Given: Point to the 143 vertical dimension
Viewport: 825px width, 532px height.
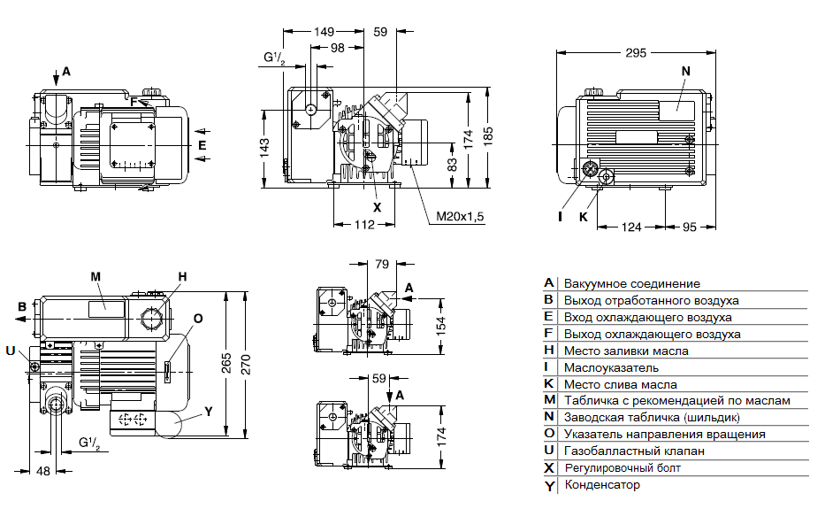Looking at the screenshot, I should coord(264,148).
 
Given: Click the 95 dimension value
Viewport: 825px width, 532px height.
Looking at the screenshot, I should coord(690,228).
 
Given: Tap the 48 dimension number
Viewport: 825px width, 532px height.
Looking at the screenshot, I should coord(42,470).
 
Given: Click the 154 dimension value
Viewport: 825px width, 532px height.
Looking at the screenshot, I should coord(441,323).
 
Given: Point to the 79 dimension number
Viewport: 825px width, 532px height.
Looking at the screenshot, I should coord(382,264).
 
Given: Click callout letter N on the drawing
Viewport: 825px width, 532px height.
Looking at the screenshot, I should coord(685,70).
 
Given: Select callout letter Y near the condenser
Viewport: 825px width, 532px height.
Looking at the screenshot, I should coord(209,411).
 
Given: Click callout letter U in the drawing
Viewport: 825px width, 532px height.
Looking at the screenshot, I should coord(10,351).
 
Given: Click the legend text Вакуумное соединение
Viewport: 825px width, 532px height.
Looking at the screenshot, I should coord(632,284).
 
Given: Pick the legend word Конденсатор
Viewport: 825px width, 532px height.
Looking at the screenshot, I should coord(602,485).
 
